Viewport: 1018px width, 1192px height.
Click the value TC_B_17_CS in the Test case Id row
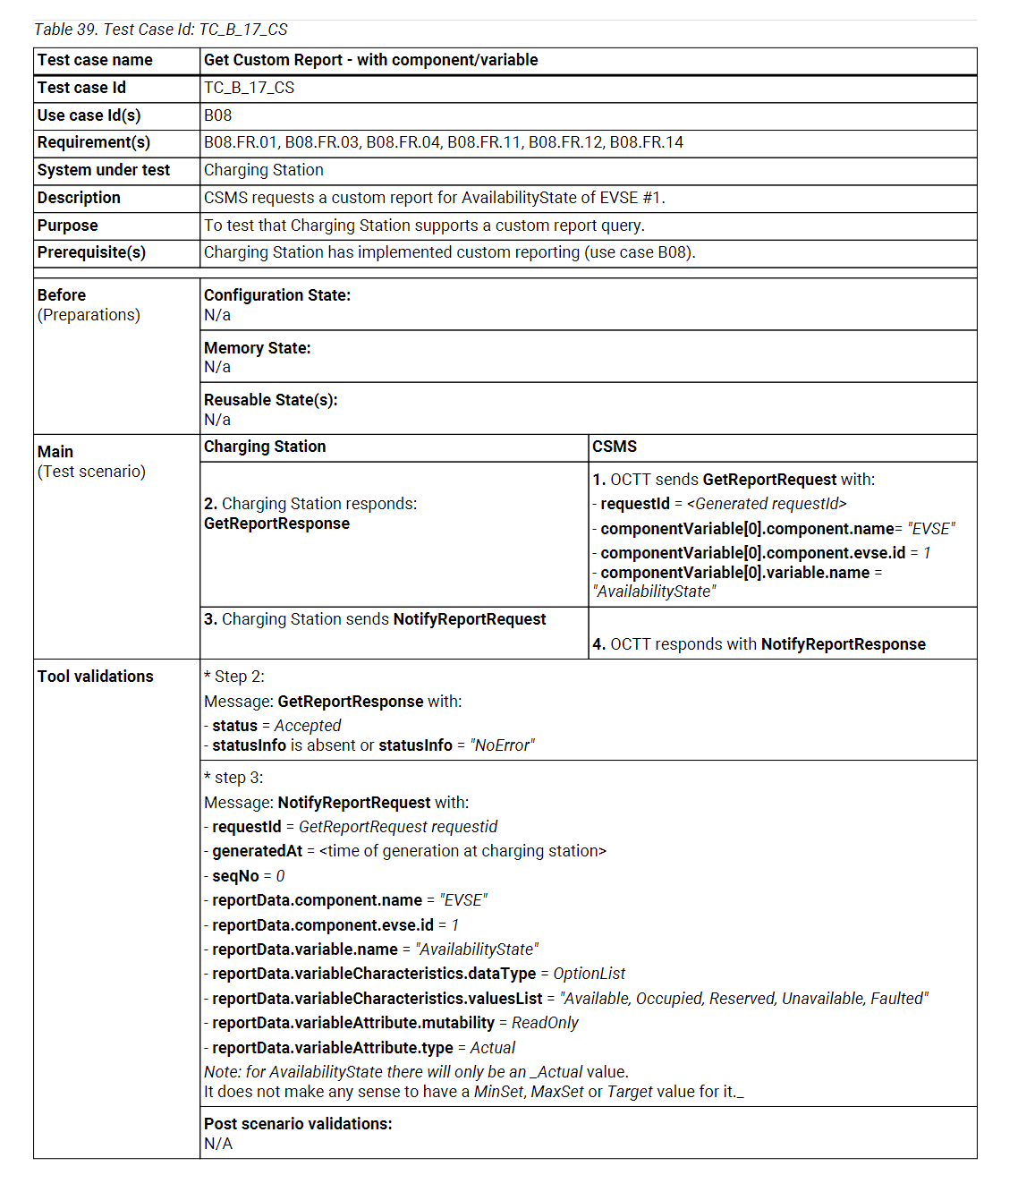[249, 88]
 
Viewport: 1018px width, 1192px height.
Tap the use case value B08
[217, 115]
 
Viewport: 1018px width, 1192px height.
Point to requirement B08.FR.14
[646, 142]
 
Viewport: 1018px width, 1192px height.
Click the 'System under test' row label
[104, 170]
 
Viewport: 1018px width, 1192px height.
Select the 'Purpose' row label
[68, 226]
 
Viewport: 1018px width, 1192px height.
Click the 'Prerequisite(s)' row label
[91, 252]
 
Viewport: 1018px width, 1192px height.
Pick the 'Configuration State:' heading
[277, 295]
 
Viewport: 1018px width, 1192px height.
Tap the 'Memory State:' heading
[258, 348]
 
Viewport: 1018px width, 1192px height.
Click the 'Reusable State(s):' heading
[271, 400]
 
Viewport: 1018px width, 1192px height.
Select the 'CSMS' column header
[615, 447]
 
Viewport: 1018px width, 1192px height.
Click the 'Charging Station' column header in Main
[265, 447]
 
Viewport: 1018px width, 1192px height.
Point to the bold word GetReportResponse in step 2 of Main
[276, 524]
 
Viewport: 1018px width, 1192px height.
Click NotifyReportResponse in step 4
[843, 644]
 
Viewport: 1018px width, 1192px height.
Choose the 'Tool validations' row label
[96, 677]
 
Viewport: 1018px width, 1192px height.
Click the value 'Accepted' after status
[307, 726]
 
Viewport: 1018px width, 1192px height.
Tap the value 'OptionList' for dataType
[589, 974]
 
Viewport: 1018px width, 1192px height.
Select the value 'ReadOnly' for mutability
[545, 1023]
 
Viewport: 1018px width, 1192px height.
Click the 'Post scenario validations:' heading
[298, 1124]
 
